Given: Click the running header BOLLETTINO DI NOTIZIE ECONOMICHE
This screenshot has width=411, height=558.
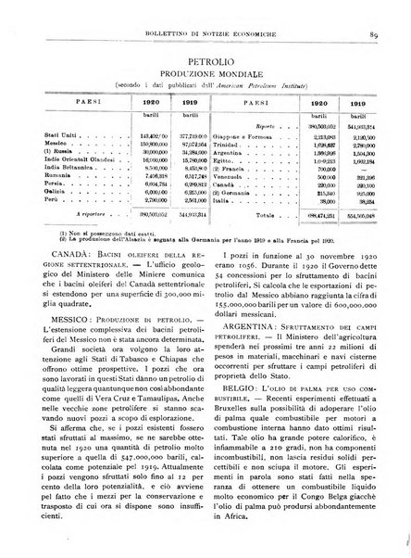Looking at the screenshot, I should pos(205,12).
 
